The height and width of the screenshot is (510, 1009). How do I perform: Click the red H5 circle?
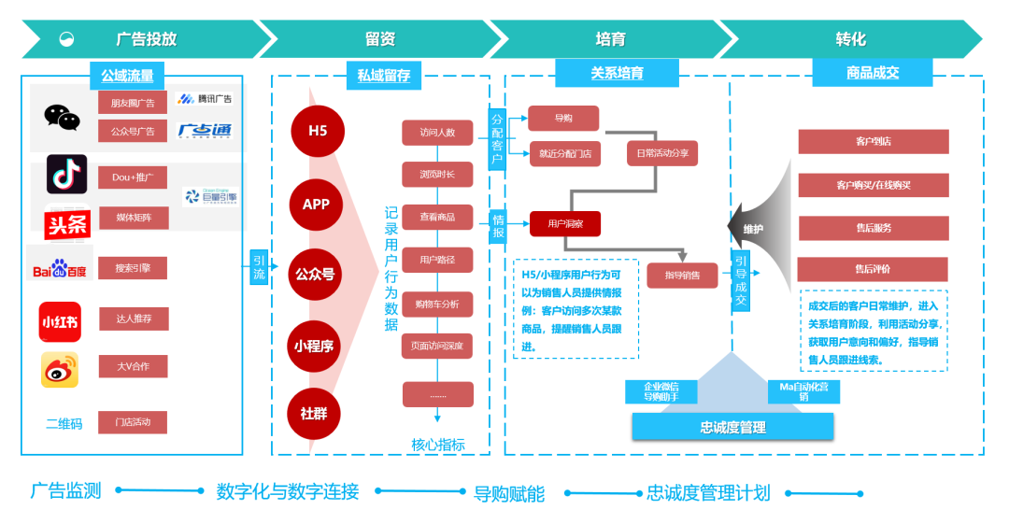click(x=318, y=130)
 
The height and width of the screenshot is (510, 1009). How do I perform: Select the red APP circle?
click(x=316, y=204)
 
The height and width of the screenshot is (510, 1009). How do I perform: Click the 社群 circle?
click(x=314, y=413)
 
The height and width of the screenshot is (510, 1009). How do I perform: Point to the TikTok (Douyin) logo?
click(x=66, y=175)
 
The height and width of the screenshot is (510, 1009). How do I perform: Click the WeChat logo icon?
click(x=62, y=117)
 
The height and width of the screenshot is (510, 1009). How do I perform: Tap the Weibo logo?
click(x=60, y=369)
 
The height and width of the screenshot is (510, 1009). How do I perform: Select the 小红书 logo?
click(x=60, y=321)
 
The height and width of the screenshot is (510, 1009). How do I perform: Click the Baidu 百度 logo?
click(x=58, y=269)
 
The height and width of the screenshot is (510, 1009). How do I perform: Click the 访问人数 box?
click(x=437, y=132)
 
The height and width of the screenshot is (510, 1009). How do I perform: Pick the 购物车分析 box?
click(x=437, y=304)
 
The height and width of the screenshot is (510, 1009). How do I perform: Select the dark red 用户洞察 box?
click(x=565, y=223)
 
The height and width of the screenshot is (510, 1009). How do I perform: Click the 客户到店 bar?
click(x=873, y=141)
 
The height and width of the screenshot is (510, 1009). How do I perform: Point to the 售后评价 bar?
click(x=873, y=269)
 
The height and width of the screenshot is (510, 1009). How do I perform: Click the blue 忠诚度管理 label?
click(x=732, y=427)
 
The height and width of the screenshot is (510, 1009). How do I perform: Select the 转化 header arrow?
click(x=850, y=39)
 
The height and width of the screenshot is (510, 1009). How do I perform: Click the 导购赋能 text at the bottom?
click(x=508, y=493)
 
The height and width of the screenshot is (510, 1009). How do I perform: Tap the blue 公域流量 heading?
click(x=127, y=75)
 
